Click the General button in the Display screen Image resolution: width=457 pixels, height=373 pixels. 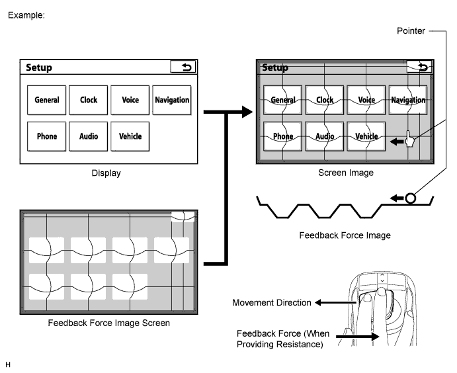click(47, 100)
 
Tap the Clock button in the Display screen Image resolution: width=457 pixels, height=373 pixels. click(89, 100)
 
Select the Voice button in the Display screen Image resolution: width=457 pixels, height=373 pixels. click(130, 100)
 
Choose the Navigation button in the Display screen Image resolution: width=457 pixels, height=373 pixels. click(172, 100)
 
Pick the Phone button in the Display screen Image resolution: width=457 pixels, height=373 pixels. click(47, 136)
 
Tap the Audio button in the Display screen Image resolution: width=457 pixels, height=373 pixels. click(89, 136)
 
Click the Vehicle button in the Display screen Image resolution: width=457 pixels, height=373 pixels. click(130, 136)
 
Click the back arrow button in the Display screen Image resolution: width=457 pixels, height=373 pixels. click(183, 67)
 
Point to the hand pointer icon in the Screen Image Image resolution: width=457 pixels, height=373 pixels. click(409, 139)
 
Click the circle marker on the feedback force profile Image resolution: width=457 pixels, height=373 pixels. click(410, 198)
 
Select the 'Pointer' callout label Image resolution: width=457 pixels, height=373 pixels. click(411, 31)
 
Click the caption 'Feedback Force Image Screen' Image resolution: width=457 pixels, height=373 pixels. click(108, 323)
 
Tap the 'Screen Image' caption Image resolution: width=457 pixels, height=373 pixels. click(346, 173)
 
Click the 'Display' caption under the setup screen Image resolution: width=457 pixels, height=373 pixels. click(106, 173)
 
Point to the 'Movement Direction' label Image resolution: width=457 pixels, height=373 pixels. click(272, 303)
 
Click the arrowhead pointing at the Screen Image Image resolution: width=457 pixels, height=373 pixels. click(247, 112)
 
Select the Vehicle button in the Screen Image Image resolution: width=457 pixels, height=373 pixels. click(366, 136)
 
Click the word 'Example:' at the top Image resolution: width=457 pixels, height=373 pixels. click(26, 15)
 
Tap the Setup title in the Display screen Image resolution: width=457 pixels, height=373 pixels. click(39, 67)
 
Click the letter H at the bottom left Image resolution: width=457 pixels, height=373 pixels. click(8, 364)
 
